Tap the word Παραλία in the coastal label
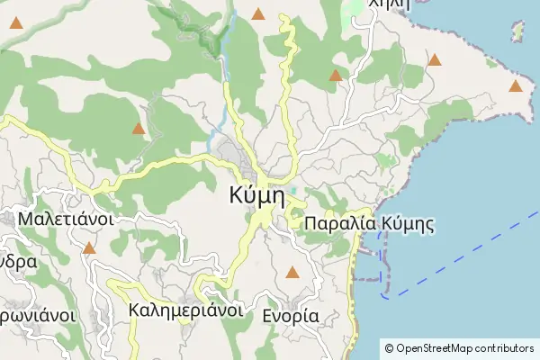337,224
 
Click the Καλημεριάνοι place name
186,310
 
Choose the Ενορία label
290,316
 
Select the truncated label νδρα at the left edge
18,263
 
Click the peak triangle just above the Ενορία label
291,272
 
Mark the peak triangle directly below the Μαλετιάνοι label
89,248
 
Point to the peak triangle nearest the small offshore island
515,86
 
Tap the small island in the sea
517,34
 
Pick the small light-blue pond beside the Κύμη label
292,189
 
